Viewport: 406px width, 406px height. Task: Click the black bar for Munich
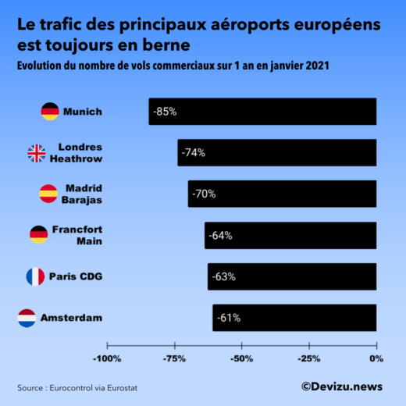tap(262, 112)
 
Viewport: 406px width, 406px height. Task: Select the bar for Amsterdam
tap(294, 318)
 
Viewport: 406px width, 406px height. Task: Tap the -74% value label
tap(193, 153)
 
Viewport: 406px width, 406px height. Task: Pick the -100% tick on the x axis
tap(107, 358)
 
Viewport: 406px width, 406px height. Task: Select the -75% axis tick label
tap(174, 358)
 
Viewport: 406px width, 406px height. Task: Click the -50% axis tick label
tap(241, 358)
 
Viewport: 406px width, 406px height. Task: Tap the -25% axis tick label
tap(309, 358)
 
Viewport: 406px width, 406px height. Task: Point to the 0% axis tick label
tap(376, 358)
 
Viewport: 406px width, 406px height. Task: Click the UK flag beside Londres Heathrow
tap(37, 153)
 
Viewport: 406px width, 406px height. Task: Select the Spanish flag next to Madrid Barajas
tap(48, 194)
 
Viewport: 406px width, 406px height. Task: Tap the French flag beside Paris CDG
tap(35, 276)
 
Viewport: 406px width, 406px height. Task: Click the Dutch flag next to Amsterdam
tap(27, 318)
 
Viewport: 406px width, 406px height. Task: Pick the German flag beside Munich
tap(50, 112)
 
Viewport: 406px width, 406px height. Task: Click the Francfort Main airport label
tap(77, 235)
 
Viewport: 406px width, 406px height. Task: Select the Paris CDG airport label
tap(76, 276)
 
